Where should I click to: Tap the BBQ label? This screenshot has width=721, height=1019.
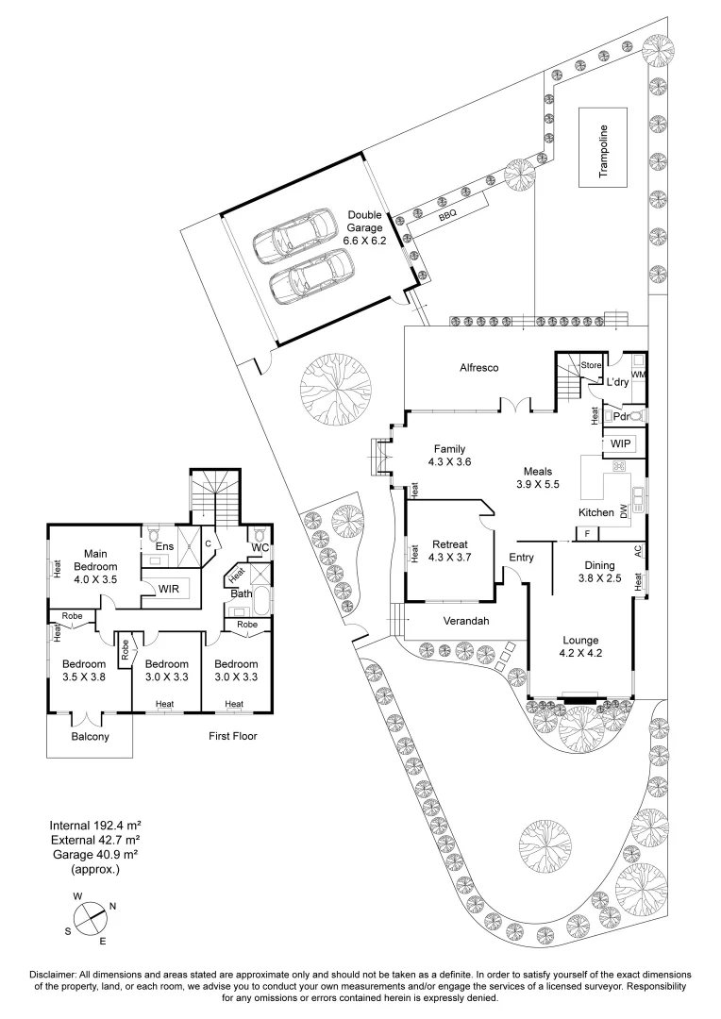tap(447, 215)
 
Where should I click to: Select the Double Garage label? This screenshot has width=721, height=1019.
tap(364, 222)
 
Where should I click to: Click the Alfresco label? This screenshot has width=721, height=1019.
tap(478, 367)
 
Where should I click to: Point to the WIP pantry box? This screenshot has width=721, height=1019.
tap(620, 443)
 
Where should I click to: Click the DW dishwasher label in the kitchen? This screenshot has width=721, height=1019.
tap(624, 511)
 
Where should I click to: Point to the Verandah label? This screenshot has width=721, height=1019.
tap(464, 622)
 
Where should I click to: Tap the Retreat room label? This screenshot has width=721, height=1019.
tap(450, 550)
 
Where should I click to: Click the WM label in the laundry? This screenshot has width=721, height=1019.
tap(638, 376)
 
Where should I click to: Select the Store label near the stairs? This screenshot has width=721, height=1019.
tap(591, 364)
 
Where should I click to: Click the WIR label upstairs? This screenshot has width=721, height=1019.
tap(170, 589)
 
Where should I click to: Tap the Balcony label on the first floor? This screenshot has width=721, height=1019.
tap(91, 737)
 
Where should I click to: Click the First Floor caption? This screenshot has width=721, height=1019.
tap(232, 735)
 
